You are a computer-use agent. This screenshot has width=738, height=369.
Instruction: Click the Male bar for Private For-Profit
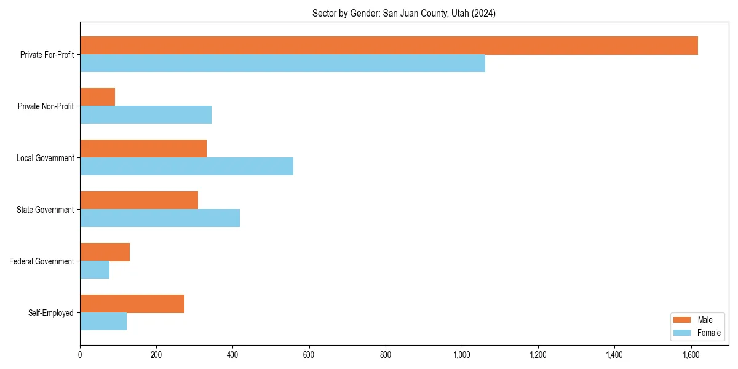pyautogui.click(x=389, y=46)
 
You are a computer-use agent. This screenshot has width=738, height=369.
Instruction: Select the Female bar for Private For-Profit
pyautogui.click(x=282, y=63)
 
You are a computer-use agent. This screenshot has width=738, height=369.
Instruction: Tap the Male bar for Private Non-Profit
pyautogui.click(x=97, y=97)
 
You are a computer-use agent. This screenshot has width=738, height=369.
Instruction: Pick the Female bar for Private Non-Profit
pyautogui.click(x=146, y=115)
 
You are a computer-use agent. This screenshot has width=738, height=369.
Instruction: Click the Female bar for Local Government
pyautogui.click(x=186, y=167)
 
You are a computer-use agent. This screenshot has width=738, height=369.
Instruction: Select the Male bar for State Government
pyautogui.click(x=139, y=200)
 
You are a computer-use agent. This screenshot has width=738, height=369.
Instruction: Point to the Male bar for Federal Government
pyautogui.click(x=105, y=252)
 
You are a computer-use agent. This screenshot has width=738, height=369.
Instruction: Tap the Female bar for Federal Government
pyautogui.click(x=95, y=270)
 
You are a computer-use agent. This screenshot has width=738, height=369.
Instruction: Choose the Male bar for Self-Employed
pyautogui.click(x=132, y=304)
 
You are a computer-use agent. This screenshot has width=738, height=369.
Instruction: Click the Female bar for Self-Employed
pyautogui.click(x=103, y=322)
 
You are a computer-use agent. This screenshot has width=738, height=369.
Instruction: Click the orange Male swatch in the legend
pyautogui.click(x=683, y=320)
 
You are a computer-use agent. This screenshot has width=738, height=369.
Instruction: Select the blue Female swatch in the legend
pyautogui.click(x=683, y=333)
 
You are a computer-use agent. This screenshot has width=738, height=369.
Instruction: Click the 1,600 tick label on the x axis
pyautogui.click(x=691, y=355)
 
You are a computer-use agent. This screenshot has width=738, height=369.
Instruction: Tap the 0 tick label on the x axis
pyautogui.click(x=80, y=355)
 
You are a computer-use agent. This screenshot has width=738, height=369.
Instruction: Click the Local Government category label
pyautogui.click(x=45, y=158)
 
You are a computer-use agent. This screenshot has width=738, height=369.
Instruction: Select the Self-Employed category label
pyautogui.click(x=51, y=313)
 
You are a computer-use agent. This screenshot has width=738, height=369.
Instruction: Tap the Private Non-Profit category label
pyautogui.click(x=46, y=106)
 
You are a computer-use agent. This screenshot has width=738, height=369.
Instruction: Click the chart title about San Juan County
pyautogui.click(x=404, y=13)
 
